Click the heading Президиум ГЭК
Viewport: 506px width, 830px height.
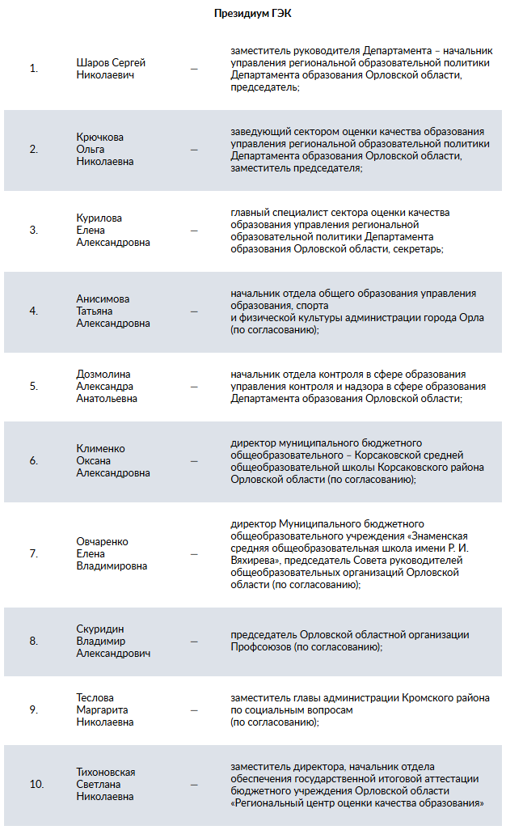[252, 14]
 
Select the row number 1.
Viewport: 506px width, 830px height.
[34, 69]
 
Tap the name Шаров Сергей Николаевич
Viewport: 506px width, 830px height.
[111, 69]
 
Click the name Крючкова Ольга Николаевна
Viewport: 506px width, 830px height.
[105, 149]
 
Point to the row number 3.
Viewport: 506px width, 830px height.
[34, 230]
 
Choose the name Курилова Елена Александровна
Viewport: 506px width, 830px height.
[113, 230]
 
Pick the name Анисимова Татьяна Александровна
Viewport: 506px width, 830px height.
[113, 311]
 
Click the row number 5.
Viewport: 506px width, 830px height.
[34, 386]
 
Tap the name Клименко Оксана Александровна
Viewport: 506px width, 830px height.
[113, 461]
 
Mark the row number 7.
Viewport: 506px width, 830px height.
[34, 554]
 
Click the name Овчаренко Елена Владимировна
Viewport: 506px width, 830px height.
[112, 554]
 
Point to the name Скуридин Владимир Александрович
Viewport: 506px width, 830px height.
[113, 641]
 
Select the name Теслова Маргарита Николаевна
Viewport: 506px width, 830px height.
[105, 709]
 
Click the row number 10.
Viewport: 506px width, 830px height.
[36, 784]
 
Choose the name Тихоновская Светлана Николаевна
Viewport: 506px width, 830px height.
[106, 784]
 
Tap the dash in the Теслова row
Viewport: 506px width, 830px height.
[194, 710]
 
